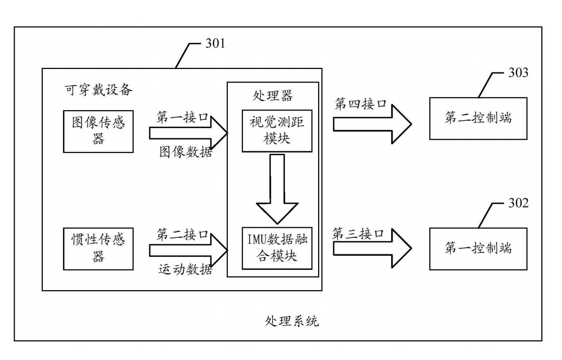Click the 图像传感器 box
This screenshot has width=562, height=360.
pos(99,131)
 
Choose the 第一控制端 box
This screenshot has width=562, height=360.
pos(478,248)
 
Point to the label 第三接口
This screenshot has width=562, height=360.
pos(358,234)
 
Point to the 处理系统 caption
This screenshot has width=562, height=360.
pos(292,320)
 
